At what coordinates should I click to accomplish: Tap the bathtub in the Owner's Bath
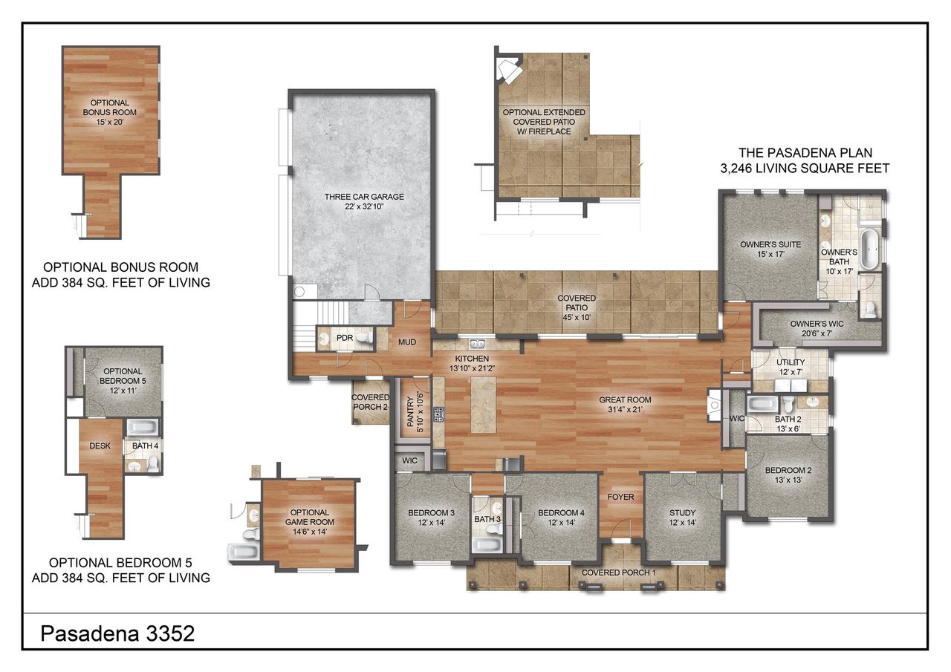(x=869, y=249)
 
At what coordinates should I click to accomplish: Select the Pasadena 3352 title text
(x=117, y=633)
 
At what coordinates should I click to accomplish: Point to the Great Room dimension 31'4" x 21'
(x=620, y=409)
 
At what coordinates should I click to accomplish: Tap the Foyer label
(x=620, y=496)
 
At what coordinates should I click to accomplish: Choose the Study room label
(x=682, y=512)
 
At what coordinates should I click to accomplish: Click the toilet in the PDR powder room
(x=363, y=339)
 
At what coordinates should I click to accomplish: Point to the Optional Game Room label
(x=309, y=517)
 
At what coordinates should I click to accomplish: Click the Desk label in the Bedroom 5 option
(x=100, y=446)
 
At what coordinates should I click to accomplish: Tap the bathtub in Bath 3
(x=487, y=545)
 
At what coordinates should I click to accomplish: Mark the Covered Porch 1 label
(x=618, y=572)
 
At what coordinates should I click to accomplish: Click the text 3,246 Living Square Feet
(x=804, y=169)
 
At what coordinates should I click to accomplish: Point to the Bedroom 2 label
(x=788, y=470)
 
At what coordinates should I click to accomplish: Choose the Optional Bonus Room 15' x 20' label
(x=110, y=107)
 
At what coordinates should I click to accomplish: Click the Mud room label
(x=406, y=342)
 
